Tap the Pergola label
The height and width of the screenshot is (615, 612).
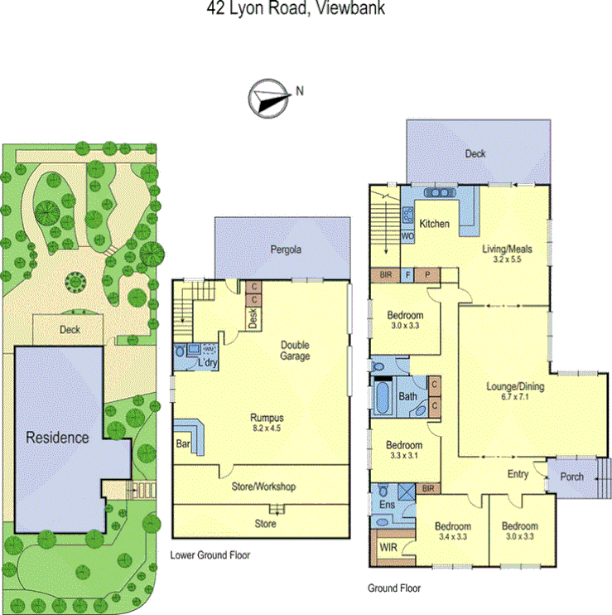click(284, 249)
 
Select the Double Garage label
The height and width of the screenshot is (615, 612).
click(295, 351)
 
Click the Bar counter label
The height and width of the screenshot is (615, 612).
click(182, 443)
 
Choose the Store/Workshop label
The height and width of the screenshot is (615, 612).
click(262, 487)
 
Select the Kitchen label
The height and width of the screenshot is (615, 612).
click(434, 224)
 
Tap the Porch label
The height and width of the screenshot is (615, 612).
click(571, 477)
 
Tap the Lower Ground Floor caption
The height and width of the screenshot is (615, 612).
click(210, 555)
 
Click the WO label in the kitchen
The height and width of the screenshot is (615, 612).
click(407, 235)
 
